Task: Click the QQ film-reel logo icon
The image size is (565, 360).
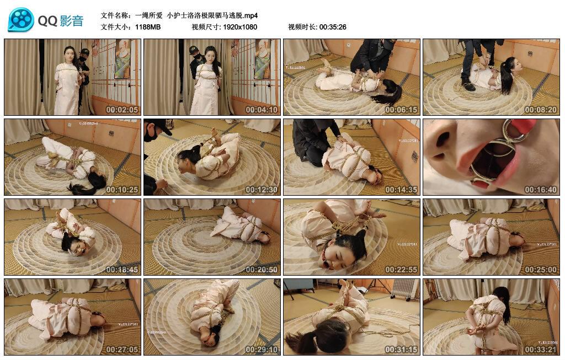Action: pyautogui.click(x=20, y=20)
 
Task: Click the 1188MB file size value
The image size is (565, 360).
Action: pyautogui.click(x=147, y=26)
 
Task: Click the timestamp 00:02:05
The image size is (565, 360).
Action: pyautogui.click(x=122, y=110)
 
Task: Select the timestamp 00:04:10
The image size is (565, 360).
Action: pyautogui.click(x=262, y=110)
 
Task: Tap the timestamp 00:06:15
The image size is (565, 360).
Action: pyautogui.click(x=401, y=110)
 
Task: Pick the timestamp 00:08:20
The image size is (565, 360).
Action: pyautogui.click(x=541, y=110)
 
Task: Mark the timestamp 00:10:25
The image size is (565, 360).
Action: pyautogui.click(x=122, y=190)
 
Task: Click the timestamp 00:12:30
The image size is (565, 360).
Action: pyautogui.click(x=262, y=190)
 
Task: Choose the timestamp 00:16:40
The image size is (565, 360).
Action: pyautogui.click(x=541, y=190)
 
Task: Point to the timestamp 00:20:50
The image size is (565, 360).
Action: pyautogui.click(x=262, y=270)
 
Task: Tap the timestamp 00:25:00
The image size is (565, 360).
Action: pyautogui.click(x=541, y=270)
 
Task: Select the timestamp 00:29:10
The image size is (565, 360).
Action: pyautogui.click(x=262, y=350)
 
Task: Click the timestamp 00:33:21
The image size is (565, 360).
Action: pyautogui.click(x=541, y=350)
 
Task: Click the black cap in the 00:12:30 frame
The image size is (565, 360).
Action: pyautogui.click(x=157, y=126)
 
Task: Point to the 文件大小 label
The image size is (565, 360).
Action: pyautogui.click(x=115, y=26)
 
